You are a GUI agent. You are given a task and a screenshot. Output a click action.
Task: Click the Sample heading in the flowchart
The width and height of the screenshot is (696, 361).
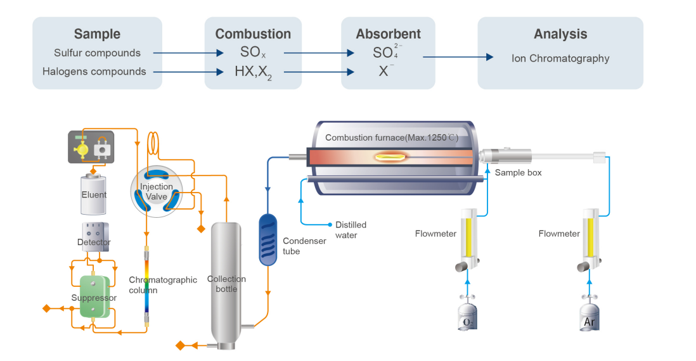click(97, 34)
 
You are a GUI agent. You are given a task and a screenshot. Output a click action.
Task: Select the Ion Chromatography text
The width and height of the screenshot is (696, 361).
click(560, 58)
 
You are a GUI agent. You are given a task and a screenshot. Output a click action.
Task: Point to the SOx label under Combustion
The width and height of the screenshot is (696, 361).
click(252, 53)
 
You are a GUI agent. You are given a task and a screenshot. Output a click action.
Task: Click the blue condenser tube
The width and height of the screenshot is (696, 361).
click(268, 239)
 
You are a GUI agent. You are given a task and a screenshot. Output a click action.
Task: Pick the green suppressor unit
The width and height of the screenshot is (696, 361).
click(94, 296)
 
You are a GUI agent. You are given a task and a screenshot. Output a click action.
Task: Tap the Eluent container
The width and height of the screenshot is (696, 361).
click(94, 194)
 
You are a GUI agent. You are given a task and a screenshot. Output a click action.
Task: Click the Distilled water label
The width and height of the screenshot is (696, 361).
click(351, 230)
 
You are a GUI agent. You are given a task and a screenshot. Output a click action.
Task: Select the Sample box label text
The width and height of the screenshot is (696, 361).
click(518, 172)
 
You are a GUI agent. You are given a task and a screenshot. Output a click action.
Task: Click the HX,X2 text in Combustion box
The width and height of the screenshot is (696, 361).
click(253, 72)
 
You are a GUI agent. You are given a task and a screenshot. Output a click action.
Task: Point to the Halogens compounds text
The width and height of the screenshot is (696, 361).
click(94, 72)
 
